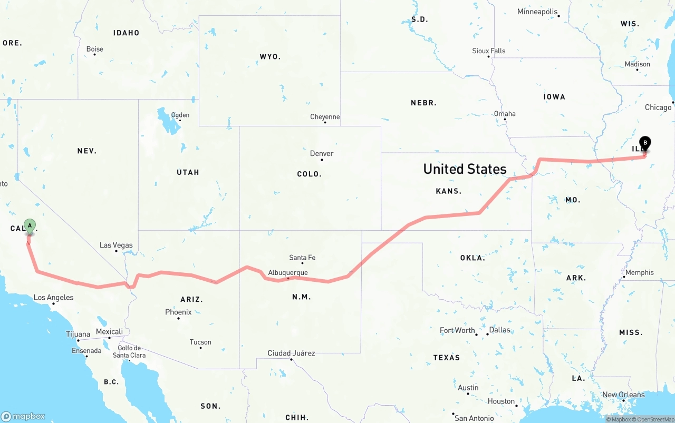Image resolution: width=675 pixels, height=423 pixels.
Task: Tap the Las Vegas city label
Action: [116, 245]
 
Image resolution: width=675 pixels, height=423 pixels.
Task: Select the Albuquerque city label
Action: [288, 272]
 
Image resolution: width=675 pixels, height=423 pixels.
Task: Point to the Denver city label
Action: [322, 153]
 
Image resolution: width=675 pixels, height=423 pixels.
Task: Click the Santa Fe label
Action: [302, 258]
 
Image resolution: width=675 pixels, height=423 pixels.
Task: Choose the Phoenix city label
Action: [178, 312]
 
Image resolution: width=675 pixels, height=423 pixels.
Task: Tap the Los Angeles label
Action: [54, 297]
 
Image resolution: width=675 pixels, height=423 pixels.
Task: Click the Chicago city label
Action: [658, 107]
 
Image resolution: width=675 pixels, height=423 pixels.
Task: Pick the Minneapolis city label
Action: [537, 12]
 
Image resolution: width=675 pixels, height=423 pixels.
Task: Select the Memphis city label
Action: [640, 272]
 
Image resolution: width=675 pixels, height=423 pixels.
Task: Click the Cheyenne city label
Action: [325, 117]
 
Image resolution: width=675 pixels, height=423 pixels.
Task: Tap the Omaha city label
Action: [505, 114]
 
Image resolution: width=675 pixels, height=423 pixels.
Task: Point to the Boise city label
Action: [95, 49]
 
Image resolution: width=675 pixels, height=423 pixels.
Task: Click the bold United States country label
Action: [465, 169]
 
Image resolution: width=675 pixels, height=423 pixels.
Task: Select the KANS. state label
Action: [449, 191]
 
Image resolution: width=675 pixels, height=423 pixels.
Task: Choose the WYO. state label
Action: [270, 56]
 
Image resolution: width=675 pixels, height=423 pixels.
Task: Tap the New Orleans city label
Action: [623, 395]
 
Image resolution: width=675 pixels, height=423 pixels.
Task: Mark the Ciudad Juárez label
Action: [291, 353]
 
